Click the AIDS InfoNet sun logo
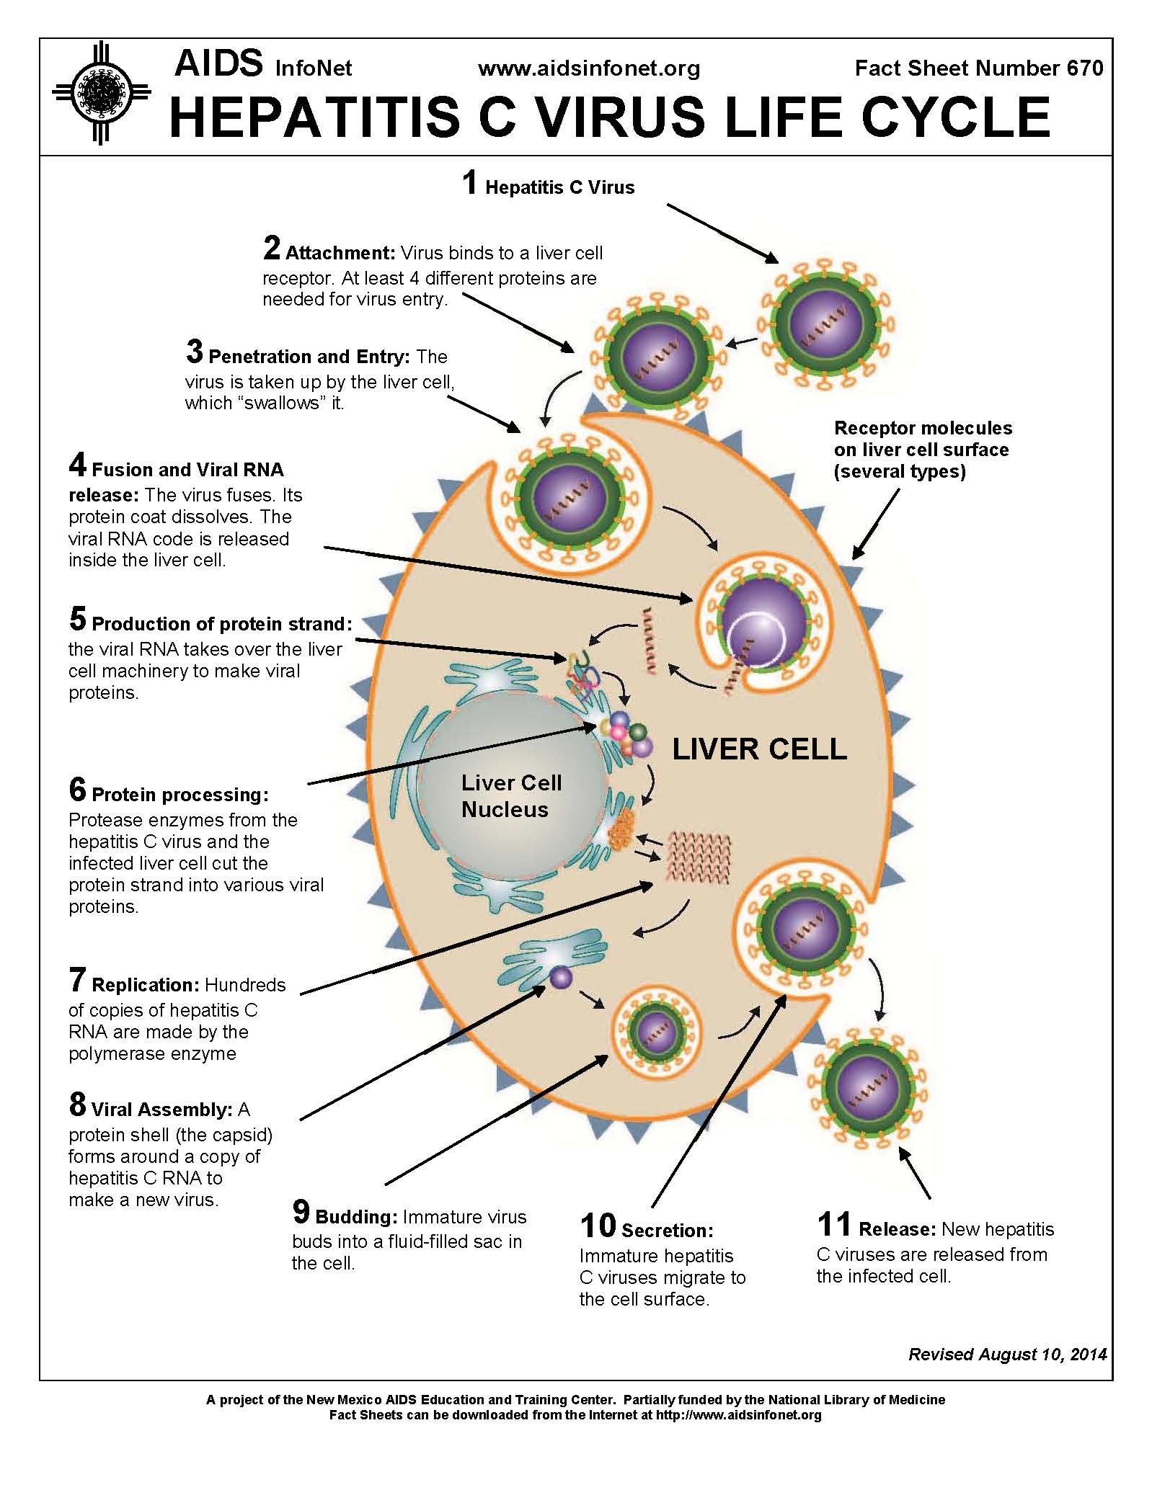102,93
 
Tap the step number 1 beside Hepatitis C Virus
470,183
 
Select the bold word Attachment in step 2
340,254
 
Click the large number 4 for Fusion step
78,465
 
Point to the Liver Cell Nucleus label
511,796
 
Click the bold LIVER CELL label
759,749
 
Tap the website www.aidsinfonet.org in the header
589,68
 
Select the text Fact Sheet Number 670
978,68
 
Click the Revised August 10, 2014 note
1007,1355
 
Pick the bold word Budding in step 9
356,1217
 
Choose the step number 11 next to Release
834,1224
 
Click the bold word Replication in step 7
145,985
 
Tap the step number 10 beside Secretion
598,1226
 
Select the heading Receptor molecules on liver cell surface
923,450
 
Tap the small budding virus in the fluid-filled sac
655,1032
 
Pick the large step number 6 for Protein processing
78,790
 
